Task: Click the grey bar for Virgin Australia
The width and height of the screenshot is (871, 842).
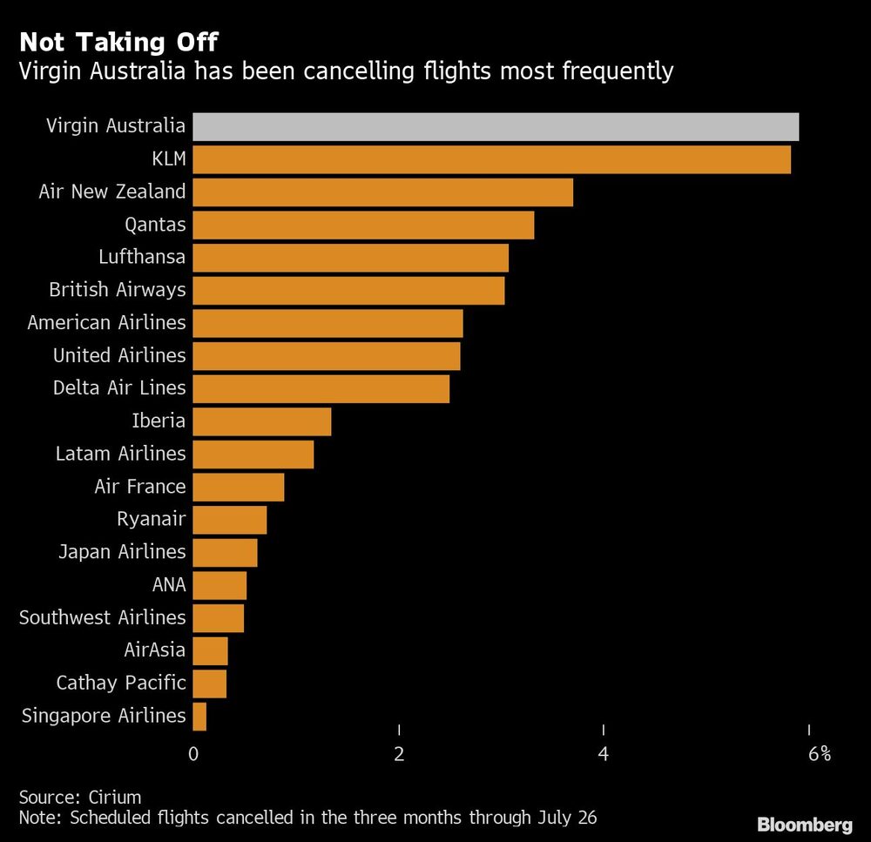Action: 495,126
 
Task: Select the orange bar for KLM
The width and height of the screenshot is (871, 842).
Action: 491,159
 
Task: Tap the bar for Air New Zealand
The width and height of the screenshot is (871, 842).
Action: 382,192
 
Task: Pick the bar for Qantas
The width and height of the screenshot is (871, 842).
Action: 362,225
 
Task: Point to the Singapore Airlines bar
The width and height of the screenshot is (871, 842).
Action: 199,717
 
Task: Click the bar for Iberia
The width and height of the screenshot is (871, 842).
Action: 261,421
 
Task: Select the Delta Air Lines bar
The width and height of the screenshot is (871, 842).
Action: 321,388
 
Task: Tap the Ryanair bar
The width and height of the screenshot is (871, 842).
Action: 229,520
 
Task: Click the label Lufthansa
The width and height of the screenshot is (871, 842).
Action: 142,257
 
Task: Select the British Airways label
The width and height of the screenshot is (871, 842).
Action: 118,289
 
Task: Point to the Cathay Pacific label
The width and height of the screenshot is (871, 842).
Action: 121,683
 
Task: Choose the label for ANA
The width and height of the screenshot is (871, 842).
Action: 169,584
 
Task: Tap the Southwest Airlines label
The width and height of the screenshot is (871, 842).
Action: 103,617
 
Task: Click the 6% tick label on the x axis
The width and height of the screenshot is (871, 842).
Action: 819,754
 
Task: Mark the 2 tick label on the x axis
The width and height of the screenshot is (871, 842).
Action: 399,754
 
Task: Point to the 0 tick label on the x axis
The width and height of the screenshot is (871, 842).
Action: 193,754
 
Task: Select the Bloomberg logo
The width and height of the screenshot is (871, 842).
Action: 805,824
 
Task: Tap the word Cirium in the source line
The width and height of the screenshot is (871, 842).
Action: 114,797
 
